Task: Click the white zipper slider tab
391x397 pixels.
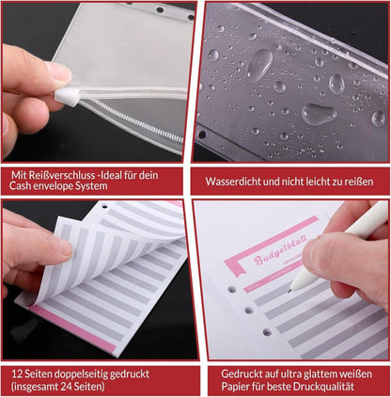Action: [67, 96]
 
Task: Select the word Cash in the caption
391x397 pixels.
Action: [20, 186]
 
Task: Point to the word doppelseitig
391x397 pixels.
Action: [82, 374]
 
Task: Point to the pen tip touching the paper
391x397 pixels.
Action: [289, 291]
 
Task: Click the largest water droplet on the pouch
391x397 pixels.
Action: [260, 65]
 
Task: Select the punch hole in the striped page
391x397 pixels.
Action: [104, 207]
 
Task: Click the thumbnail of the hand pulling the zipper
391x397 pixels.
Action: [99, 82]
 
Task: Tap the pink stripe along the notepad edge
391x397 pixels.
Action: [73, 328]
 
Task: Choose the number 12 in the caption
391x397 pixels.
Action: [17, 374]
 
